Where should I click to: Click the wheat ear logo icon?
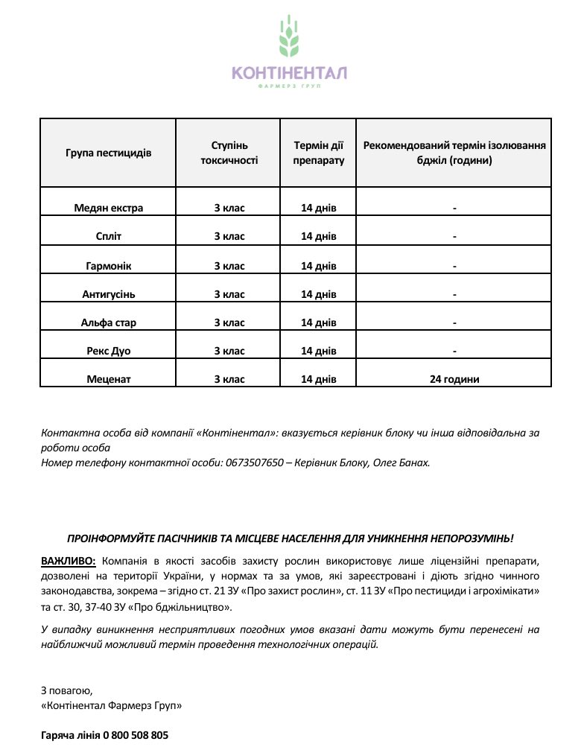point(289,38)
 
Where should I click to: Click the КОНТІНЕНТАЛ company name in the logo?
point(289,73)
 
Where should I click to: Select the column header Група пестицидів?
point(108,153)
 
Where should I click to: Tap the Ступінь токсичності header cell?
point(229,153)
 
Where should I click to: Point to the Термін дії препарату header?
point(319,153)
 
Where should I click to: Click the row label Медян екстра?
point(108,208)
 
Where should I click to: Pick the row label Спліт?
point(108,236)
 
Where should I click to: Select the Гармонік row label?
point(108,265)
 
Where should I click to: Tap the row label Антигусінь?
point(108,294)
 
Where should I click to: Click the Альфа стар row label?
point(108,323)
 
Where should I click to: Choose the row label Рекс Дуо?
point(108,351)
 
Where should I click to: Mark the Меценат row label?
point(108,379)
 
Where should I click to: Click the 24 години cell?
point(454,379)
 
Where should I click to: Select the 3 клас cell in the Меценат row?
point(229,379)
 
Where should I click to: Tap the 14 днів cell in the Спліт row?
point(319,236)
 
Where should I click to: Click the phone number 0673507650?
point(254,463)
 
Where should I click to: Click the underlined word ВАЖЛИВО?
point(69,560)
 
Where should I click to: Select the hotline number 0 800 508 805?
point(136,735)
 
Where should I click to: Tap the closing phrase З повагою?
point(66,690)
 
